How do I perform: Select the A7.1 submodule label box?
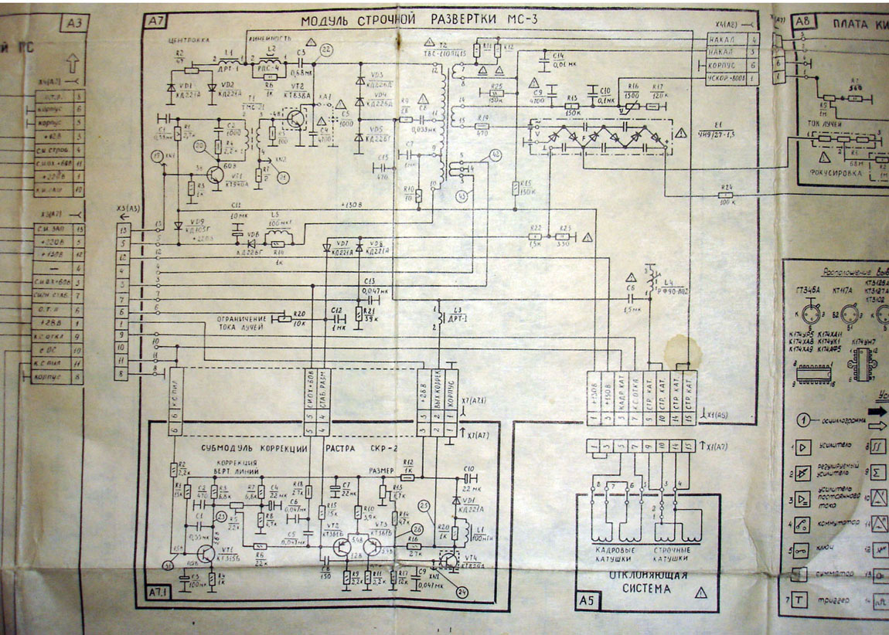click(160, 593)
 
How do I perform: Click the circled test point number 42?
click(495, 157)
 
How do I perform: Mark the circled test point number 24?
click(462, 593)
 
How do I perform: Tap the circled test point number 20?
click(200, 146)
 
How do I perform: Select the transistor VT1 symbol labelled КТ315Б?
click(203, 554)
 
